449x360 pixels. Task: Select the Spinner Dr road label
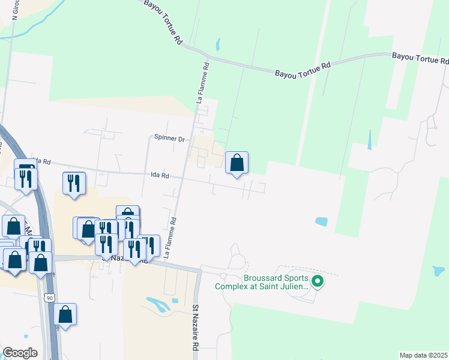click(x=169, y=139)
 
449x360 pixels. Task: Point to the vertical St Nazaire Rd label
click(x=196, y=328)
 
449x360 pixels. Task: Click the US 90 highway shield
click(x=49, y=298)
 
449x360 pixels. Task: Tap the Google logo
click(x=20, y=353)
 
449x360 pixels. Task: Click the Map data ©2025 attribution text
click(x=423, y=355)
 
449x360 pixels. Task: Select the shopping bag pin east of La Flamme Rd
click(x=237, y=163)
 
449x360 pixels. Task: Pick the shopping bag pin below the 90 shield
click(x=65, y=315)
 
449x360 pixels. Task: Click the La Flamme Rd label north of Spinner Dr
click(x=202, y=83)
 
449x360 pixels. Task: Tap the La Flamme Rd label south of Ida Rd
click(x=170, y=237)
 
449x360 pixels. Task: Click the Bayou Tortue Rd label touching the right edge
click(x=420, y=58)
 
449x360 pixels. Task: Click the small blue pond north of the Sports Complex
click(x=322, y=221)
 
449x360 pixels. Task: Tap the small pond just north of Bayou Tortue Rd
click(x=217, y=44)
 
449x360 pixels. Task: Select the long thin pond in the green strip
click(x=369, y=140)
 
